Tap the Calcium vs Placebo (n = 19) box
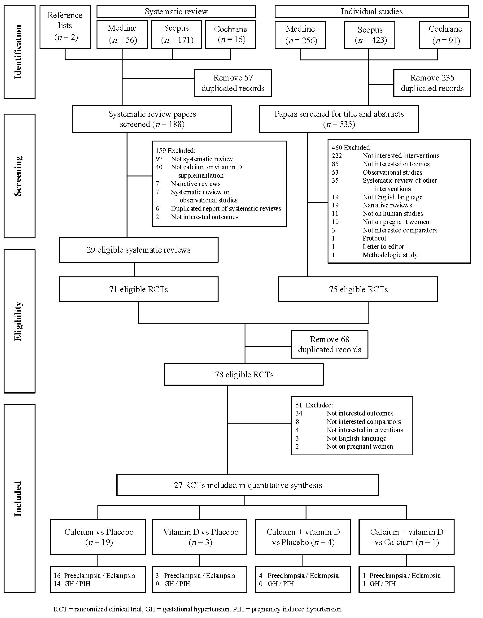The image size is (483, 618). click(98, 537)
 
